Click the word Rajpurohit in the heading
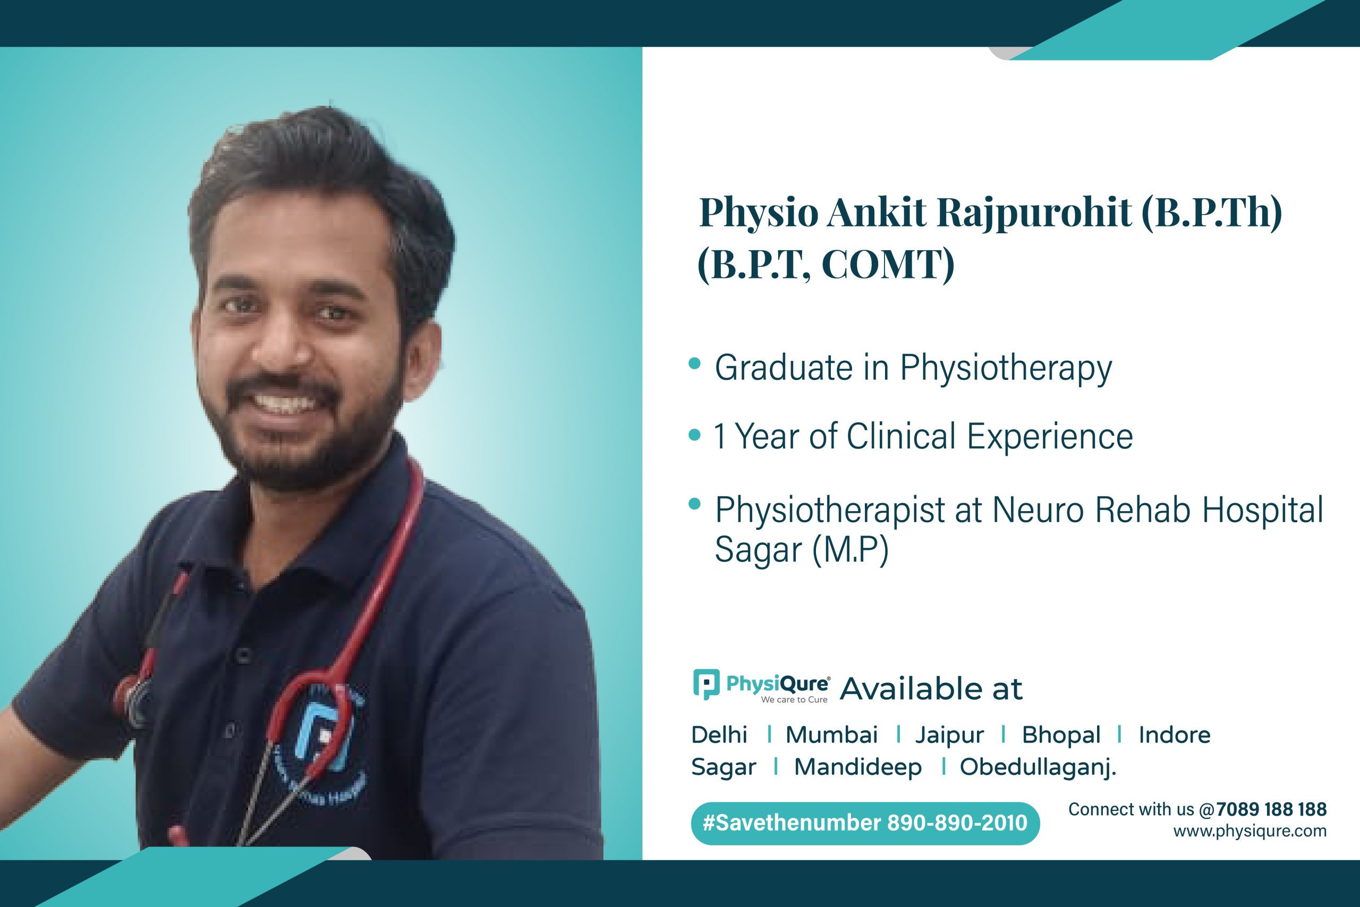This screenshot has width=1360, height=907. [x=1034, y=214]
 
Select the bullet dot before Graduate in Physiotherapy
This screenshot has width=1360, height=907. [x=694, y=363]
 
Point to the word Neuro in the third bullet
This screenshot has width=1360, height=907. [x=1038, y=510]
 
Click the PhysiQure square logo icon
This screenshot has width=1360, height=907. [x=706, y=684]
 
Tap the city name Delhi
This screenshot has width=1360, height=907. [x=719, y=735]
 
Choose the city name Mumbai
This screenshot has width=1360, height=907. [x=831, y=735]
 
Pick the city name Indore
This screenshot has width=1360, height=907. [x=1175, y=735]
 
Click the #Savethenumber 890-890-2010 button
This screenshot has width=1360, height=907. [x=865, y=823]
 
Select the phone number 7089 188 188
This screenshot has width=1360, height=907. [x=1271, y=809]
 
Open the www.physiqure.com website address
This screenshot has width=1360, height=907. [x=1249, y=831]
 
